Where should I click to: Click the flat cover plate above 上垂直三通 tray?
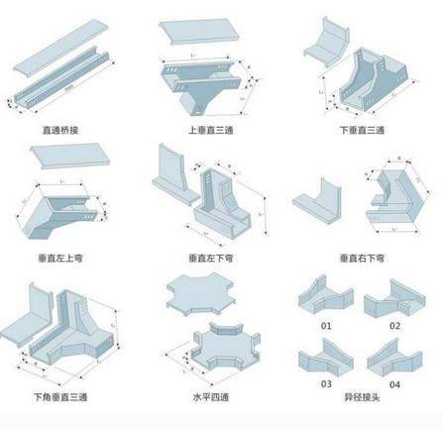point(194,38)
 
